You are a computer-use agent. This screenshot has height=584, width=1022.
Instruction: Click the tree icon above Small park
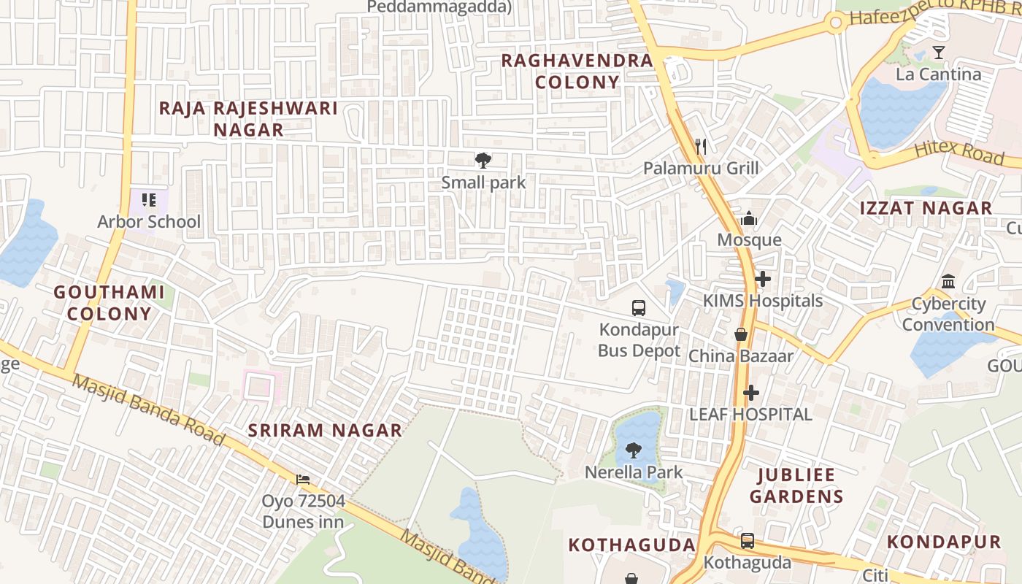click(483, 160)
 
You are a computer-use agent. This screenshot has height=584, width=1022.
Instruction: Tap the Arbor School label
click(149, 221)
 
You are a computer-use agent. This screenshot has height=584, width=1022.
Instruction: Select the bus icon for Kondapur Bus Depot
click(639, 307)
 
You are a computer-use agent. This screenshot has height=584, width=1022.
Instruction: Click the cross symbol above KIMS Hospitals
click(763, 279)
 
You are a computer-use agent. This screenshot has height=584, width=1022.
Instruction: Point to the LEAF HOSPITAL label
click(750, 414)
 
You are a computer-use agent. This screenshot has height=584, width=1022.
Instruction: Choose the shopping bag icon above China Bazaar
click(741, 334)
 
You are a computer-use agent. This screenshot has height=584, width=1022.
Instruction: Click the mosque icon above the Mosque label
click(749, 218)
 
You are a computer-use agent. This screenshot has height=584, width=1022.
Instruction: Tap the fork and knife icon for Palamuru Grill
click(701, 147)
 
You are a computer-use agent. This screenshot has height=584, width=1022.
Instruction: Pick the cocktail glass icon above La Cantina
click(939, 53)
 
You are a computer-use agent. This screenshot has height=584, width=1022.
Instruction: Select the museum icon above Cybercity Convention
click(948, 282)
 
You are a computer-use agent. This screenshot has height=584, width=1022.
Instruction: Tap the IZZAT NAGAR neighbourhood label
click(926, 208)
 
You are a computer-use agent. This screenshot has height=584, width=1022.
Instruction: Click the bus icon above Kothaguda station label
click(748, 541)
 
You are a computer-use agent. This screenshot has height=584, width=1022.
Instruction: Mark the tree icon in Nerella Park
click(634, 450)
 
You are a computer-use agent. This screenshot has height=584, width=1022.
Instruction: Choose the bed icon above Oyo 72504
click(303, 480)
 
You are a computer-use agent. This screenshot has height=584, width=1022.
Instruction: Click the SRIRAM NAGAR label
click(325, 430)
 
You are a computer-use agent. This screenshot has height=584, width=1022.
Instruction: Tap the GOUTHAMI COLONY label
click(109, 303)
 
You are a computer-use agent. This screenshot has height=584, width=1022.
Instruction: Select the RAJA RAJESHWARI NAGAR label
click(248, 119)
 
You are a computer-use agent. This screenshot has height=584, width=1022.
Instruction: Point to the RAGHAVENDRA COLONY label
click(577, 71)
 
